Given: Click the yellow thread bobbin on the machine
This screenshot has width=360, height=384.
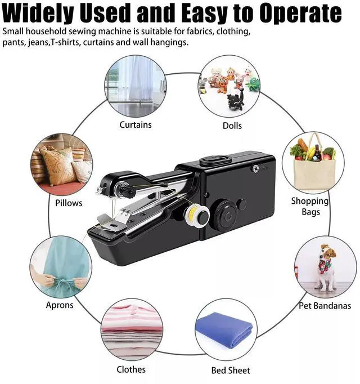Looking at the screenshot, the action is click(x=197, y=216).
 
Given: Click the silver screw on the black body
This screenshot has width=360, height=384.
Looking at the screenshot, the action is click(x=255, y=169).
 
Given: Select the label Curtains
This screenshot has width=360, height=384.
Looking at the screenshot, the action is click(x=136, y=124).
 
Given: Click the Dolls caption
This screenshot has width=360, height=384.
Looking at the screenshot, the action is click(x=232, y=126).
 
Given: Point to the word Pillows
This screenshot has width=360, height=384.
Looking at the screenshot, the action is click(x=69, y=203).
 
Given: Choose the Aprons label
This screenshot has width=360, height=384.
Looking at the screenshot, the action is click(x=60, y=305).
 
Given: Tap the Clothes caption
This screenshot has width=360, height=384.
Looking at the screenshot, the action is click(x=131, y=369).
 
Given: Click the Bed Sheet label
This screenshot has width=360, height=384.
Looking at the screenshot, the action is click(x=231, y=370).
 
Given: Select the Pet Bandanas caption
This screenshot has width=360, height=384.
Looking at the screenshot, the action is click(x=325, y=306).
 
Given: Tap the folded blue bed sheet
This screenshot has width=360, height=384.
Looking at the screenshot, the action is click(x=224, y=329).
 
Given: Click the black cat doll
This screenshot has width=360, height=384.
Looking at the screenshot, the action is click(x=236, y=99).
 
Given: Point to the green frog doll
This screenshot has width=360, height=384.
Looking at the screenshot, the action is click(x=253, y=84).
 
